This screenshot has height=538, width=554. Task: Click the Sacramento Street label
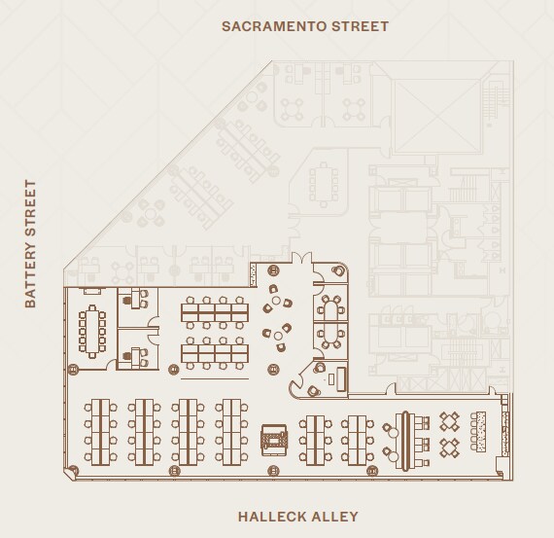(304, 26)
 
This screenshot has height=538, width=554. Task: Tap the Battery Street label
(30, 244)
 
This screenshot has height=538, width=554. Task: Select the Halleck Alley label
(297, 517)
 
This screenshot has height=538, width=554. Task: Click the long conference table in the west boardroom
(94, 329)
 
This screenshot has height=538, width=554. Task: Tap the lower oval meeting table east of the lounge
(331, 337)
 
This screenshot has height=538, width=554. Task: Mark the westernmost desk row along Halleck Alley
(101, 432)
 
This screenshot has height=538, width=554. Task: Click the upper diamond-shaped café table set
(450, 421)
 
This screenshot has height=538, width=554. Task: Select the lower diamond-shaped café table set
(450, 448)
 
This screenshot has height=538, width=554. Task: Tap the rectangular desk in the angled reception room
(337, 378)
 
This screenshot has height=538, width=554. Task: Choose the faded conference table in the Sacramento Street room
(322, 183)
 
